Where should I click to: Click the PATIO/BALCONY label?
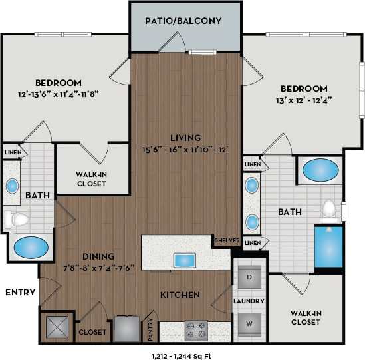(x=183, y=21)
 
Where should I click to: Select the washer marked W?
(x=249, y=323)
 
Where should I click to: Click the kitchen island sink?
(x=183, y=260)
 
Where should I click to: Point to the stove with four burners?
(x=195, y=329)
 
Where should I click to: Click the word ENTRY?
(x=19, y=292)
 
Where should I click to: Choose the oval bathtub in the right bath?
(x=322, y=171)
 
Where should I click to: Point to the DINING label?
(x=98, y=256)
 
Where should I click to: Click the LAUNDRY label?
(x=249, y=301)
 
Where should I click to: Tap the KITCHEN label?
(x=180, y=294)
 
